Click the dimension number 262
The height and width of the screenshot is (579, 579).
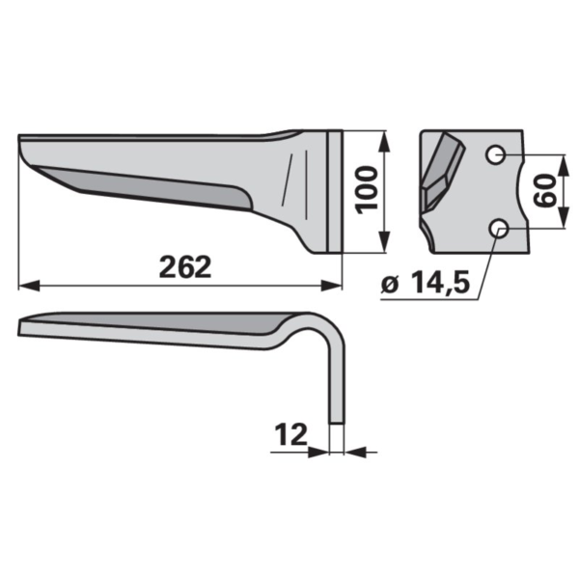click(x=185, y=266)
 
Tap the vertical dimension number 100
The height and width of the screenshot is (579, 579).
click(x=367, y=190)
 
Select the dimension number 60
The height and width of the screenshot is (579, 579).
click(x=545, y=191)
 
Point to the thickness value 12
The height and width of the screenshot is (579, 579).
click(x=291, y=434)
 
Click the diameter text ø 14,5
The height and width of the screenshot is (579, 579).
click(x=426, y=284)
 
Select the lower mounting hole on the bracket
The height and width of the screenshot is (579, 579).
click(x=499, y=229)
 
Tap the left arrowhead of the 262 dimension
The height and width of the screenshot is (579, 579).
click(x=29, y=286)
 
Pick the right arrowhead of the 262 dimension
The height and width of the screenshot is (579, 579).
click(x=331, y=286)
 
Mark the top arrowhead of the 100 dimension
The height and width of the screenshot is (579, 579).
click(x=385, y=142)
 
